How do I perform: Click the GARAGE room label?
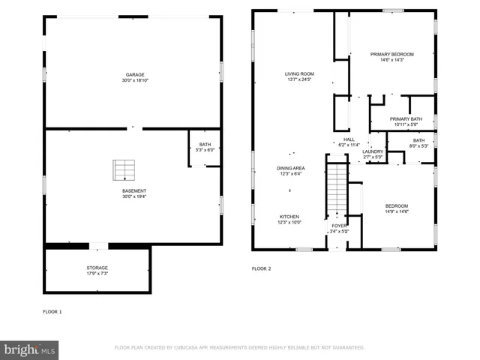[134, 74]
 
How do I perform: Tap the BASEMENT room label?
[134, 190]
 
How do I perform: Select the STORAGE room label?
[97, 267]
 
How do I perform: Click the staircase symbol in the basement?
[121, 170]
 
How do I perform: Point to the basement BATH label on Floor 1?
[205, 145]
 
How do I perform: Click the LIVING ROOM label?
[298, 73]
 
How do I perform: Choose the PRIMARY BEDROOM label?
[392, 54]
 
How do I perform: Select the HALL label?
[349, 139]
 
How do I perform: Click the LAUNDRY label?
[373, 151]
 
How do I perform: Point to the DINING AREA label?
[290, 168]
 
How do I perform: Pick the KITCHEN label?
[289, 217]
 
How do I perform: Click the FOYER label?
[339, 225]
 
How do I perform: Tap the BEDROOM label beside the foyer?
[397, 205]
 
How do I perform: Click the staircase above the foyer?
[338, 187]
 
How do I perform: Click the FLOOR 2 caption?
[261, 268]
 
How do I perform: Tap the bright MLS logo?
[29, 349]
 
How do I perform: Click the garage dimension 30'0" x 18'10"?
[134, 79]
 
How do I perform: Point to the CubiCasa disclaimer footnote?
[239, 348]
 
